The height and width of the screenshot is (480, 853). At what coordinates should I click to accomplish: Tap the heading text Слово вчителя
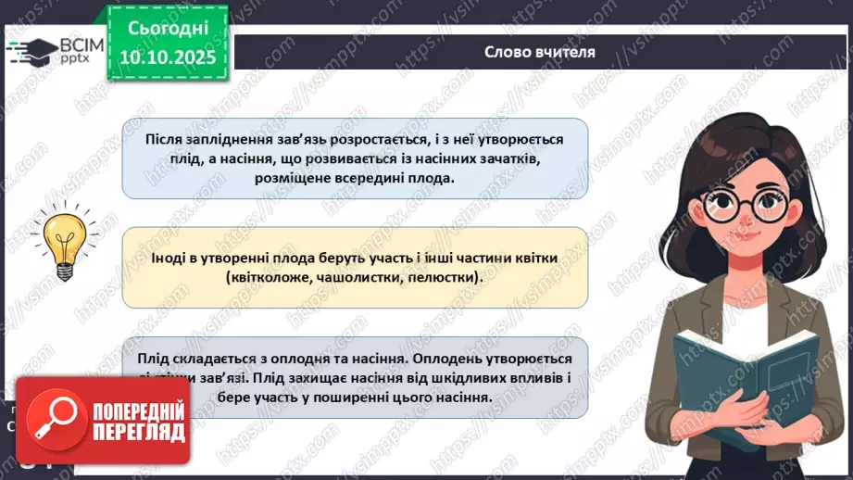[539, 52]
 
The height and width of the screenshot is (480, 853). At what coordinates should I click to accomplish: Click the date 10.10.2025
[168, 57]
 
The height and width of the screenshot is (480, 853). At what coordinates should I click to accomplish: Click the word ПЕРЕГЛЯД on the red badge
[135, 432]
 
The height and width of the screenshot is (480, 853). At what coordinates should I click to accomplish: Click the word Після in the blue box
[163, 138]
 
